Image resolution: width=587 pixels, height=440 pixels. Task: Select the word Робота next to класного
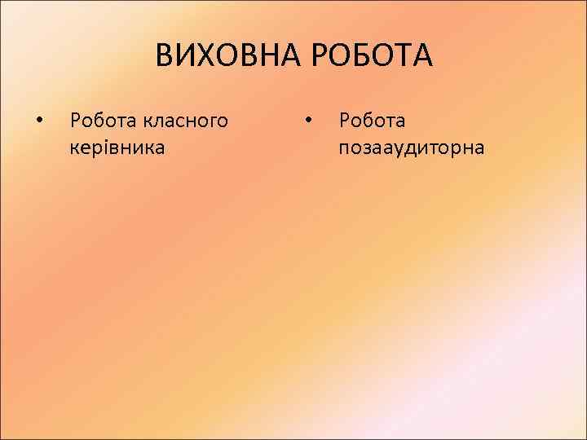pos(103,121)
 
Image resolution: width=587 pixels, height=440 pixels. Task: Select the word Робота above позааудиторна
pos(372,121)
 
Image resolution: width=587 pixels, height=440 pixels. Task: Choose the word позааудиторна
pos(413,147)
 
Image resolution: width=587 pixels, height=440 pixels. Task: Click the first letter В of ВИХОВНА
pos(165,57)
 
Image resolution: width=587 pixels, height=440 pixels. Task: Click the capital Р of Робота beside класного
pos(76,121)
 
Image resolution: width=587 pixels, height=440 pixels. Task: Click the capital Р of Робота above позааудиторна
pos(345,121)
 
